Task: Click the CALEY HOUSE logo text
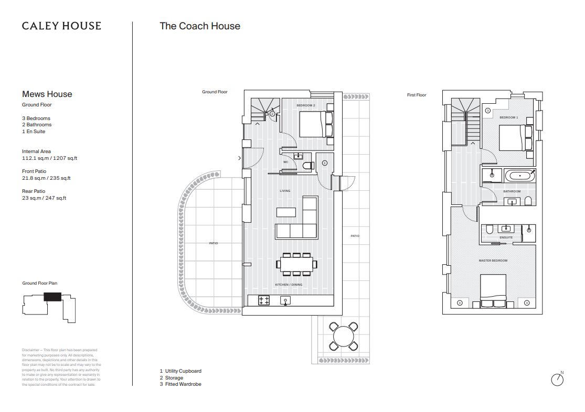(x=61, y=26)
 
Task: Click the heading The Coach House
(x=200, y=26)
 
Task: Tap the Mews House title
(x=47, y=94)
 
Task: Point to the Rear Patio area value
(x=44, y=198)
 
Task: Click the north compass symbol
(x=557, y=379)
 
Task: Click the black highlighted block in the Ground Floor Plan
(x=52, y=296)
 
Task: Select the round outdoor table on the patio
(x=343, y=335)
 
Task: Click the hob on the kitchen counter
(x=264, y=301)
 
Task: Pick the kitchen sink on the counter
(x=286, y=300)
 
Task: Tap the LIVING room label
(x=285, y=191)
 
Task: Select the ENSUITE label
(x=506, y=237)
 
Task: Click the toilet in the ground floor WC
(x=308, y=166)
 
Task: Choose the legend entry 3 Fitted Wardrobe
(x=180, y=384)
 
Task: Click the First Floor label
(x=417, y=95)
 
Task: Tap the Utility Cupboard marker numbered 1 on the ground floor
(x=324, y=163)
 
